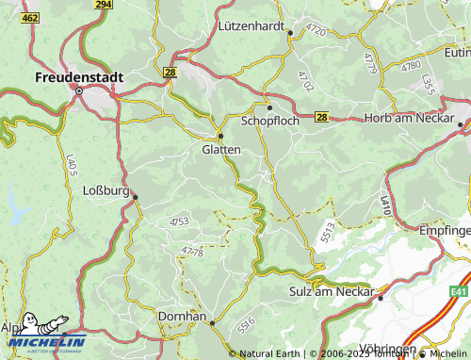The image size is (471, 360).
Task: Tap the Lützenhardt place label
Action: (x=251, y=26)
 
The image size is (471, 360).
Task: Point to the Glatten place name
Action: (x=221, y=149)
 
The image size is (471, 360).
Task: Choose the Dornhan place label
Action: (x=183, y=317)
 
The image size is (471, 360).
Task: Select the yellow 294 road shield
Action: (x=104, y=5)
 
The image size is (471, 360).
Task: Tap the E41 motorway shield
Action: (x=459, y=292)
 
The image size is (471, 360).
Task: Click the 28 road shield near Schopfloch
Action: (x=321, y=117)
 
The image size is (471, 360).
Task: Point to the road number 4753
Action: (x=179, y=221)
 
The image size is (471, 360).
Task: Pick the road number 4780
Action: (x=411, y=66)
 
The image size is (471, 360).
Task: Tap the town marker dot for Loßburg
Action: (x=135, y=197)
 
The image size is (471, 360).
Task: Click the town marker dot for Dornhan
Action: (x=213, y=323)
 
